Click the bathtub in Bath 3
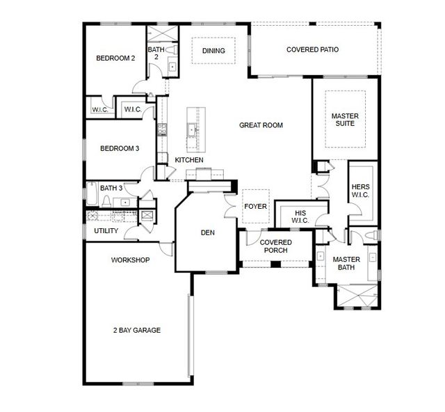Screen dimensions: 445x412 [x=92, y=193]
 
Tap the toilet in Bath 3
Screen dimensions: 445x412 [x=106, y=201]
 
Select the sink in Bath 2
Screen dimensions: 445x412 [x=172, y=67]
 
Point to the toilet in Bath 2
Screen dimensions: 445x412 [x=172, y=49]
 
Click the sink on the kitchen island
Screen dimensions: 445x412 [x=191, y=130]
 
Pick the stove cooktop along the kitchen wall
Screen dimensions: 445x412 [x=162, y=129]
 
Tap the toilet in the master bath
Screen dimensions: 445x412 [x=373, y=235]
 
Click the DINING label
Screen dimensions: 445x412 [x=213, y=51]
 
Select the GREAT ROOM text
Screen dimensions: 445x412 [x=261, y=125]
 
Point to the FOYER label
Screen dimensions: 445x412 [x=255, y=206]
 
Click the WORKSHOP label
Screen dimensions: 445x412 [x=130, y=260]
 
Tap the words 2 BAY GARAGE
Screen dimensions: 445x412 [x=137, y=330]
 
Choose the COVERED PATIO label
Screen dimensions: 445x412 [x=312, y=49]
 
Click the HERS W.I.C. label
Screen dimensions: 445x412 [x=360, y=191]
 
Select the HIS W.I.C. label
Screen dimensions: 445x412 [x=300, y=217]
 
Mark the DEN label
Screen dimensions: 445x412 [x=207, y=232]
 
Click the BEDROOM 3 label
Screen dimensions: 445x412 [x=120, y=149]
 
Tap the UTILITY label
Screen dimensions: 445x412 [x=106, y=231]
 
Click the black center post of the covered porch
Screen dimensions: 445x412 [x=275, y=264]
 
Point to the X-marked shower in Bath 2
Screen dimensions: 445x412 [x=163, y=34]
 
